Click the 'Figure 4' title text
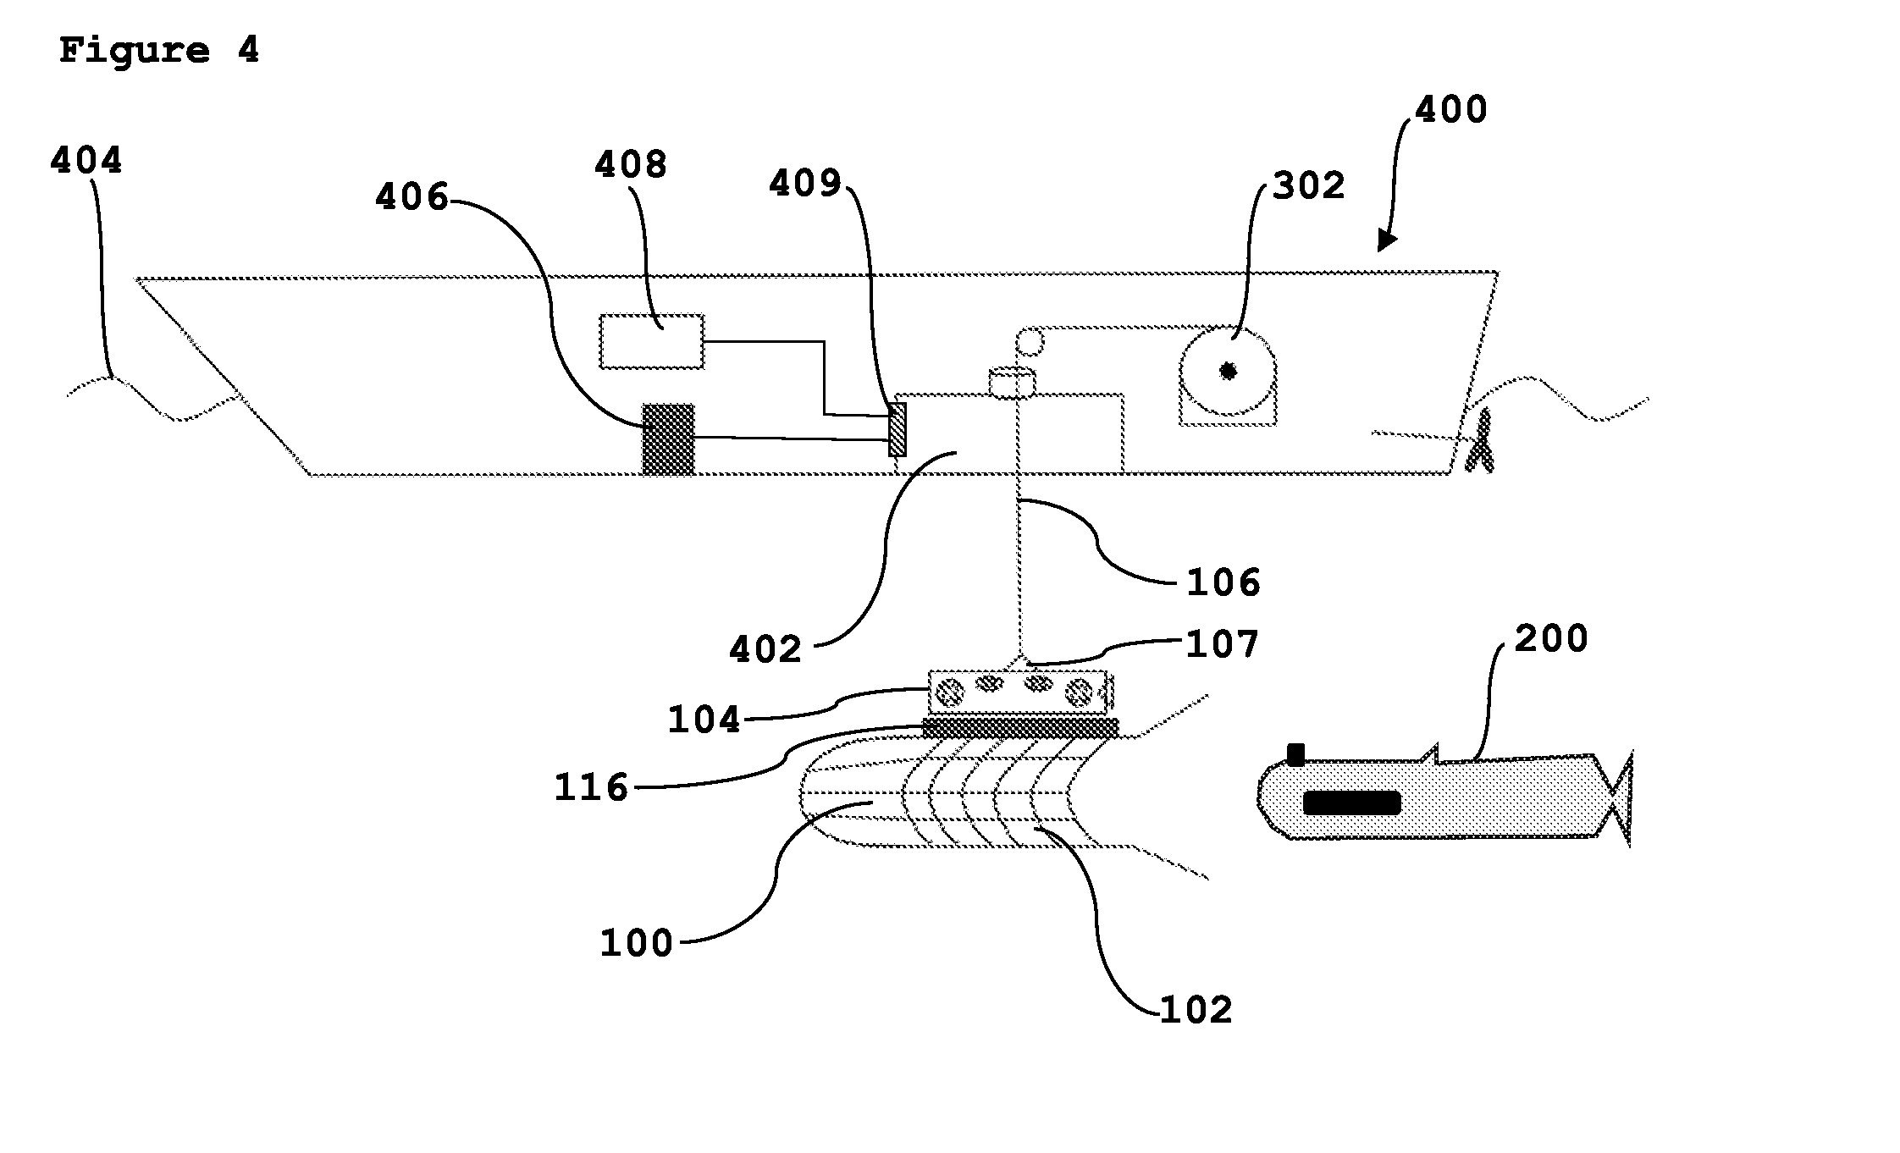(158, 51)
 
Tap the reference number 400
(1451, 110)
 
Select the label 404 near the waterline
(86, 160)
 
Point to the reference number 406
(411, 197)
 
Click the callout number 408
(631, 164)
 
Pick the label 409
(805, 183)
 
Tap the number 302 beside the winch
(1309, 185)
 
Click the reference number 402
(765, 649)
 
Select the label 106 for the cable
(1223, 582)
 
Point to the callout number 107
(1222, 644)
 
